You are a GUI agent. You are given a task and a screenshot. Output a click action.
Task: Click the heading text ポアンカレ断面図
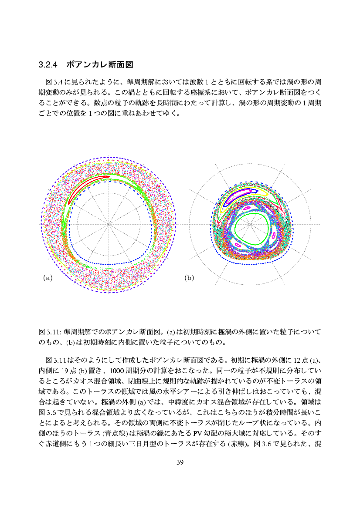[99, 65]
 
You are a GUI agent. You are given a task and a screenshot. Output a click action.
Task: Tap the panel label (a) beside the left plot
[48, 277]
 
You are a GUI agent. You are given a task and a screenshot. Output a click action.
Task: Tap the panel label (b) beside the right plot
[189, 277]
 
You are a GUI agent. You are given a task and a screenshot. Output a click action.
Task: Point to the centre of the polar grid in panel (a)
[109, 224]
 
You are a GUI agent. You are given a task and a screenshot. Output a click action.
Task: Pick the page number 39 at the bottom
[180, 462]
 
